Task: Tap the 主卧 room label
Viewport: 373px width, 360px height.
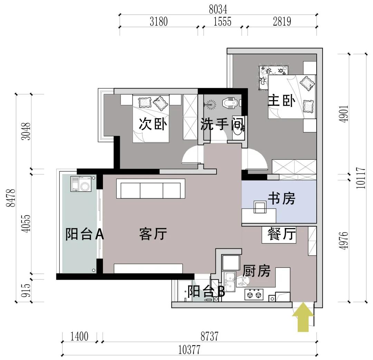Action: pos(282,101)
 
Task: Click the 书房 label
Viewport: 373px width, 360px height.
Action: pos(281,199)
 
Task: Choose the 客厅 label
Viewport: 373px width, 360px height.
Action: pos(153,234)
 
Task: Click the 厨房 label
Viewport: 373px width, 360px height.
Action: pos(256,271)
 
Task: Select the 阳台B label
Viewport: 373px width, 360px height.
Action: pos(206,292)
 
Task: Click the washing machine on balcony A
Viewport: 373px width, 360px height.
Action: pos(81,184)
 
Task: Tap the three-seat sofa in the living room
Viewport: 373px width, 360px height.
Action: pos(151,189)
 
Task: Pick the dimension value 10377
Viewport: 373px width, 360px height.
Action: pos(189,350)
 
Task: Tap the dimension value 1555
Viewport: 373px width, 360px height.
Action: pos(222,22)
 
